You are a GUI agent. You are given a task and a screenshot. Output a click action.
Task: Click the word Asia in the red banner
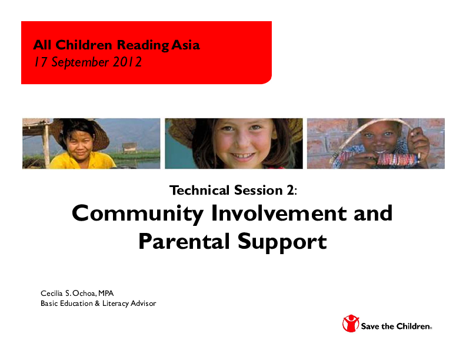(187, 45)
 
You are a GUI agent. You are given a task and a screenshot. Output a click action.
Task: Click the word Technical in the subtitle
(198, 190)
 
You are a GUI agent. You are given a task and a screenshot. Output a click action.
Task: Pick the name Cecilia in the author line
(52, 293)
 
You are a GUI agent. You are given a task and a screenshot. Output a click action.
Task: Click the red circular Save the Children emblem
(351, 324)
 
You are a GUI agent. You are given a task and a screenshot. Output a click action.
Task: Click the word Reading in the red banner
(144, 45)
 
